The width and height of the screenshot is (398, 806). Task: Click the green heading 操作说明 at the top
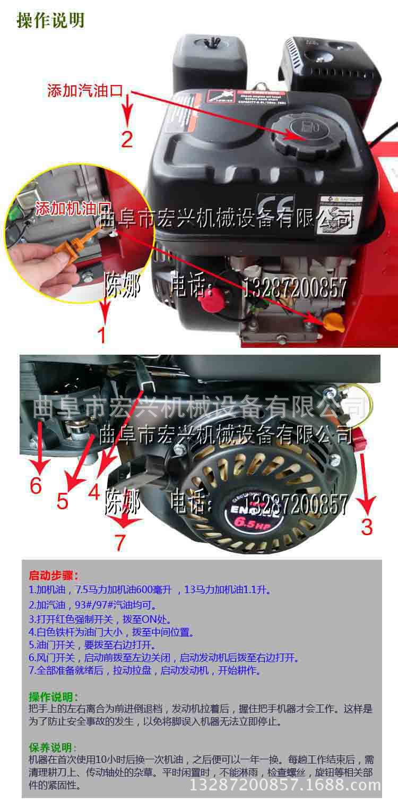coord(50,20)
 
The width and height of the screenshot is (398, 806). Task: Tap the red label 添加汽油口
coord(85,90)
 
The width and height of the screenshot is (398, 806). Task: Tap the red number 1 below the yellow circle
coord(101,335)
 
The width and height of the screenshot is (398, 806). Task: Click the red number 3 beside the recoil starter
coord(367,526)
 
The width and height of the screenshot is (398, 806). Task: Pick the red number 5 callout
coord(62,501)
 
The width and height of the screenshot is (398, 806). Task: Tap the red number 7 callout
coord(120,542)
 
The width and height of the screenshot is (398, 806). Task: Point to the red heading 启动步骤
coord(54,576)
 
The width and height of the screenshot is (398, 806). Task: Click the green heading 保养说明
coord(54,748)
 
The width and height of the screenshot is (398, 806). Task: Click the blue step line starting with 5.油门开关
coord(92,645)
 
